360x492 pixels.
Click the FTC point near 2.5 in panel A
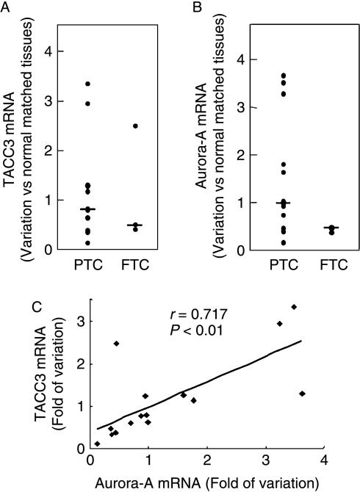coord(135,126)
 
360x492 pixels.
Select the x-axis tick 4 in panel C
coord(324,460)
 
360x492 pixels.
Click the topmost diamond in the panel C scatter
coord(294,307)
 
